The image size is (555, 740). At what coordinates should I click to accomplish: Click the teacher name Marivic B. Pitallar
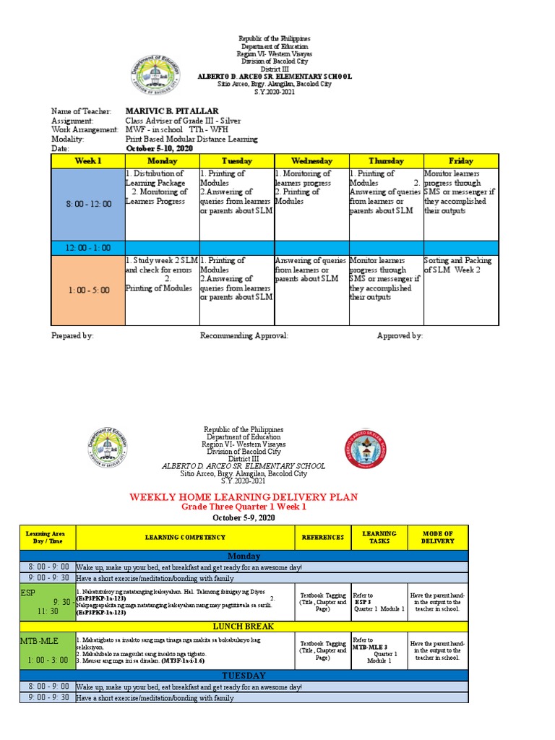point(172,111)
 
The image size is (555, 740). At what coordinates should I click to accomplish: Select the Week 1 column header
point(87,160)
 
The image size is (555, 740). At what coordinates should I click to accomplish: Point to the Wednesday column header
point(311,160)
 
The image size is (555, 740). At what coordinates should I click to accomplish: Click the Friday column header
point(460,160)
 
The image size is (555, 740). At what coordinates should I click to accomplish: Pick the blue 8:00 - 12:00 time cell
point(87,204)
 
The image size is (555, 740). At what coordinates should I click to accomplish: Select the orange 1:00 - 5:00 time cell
point(87,290)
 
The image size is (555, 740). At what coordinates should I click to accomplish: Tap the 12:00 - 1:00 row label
point(87,247)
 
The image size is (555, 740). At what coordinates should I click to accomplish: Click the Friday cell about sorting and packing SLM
point(460,265)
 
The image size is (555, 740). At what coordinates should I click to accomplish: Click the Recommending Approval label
point(244,336)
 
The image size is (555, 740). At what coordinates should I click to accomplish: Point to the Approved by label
point(400,336)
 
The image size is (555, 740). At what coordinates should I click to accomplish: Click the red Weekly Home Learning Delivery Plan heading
point(243,497)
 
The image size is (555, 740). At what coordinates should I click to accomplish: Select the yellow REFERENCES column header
point(322,538)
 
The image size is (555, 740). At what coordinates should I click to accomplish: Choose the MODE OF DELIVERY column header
point(438,538)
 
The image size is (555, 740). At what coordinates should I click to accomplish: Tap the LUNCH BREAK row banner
point(243,626)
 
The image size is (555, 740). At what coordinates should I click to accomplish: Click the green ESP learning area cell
point(46,601)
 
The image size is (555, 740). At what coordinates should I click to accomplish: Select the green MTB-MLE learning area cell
point(46,650)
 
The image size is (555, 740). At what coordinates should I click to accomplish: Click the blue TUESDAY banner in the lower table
point(243,675)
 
